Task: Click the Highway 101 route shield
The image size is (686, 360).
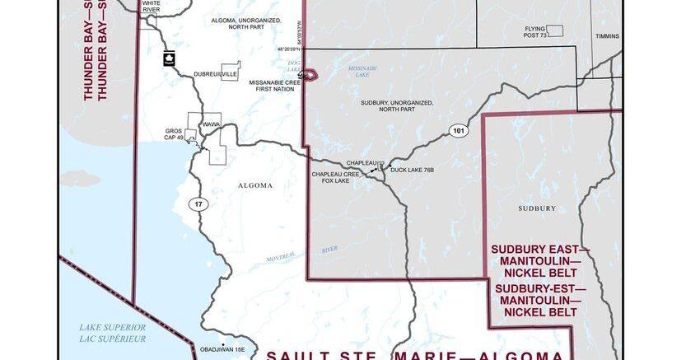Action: pos(459,131)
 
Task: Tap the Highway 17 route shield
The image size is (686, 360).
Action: pos(198,203)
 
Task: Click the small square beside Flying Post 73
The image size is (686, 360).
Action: pos(555,30)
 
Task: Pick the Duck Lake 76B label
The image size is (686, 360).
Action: pos(412,170)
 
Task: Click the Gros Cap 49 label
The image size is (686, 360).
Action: pos(173,133)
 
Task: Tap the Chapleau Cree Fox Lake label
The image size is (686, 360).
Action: pos(336,178)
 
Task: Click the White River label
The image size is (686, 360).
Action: pos(152,7)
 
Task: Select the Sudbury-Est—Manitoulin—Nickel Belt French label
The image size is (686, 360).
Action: pos(535,301)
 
